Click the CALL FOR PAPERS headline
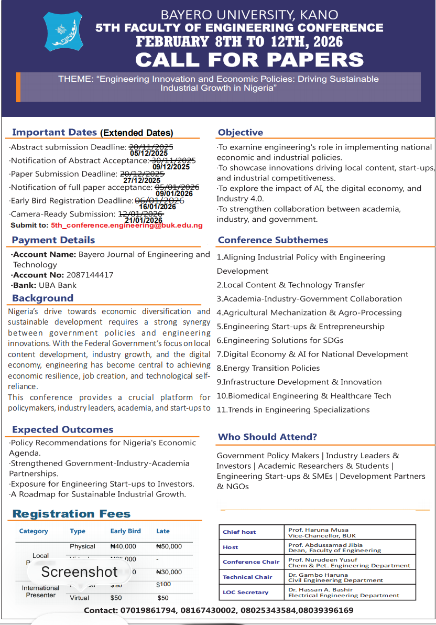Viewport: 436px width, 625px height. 249,59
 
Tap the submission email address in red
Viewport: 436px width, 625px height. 126,225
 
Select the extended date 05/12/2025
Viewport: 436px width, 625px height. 149,154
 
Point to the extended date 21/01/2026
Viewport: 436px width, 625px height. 144,221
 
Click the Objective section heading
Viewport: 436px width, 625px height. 241,133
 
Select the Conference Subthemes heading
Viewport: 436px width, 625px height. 273,240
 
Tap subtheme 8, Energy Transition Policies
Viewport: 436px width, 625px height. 268,368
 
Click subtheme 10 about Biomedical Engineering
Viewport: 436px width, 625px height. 304,396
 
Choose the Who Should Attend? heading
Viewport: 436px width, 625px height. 267,437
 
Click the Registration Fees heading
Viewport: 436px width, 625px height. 71,514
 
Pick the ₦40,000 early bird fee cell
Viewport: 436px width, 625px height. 123,546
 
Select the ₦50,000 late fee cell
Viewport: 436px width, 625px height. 169,546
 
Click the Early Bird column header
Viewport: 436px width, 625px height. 125,531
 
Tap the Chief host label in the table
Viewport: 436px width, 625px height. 239,532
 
